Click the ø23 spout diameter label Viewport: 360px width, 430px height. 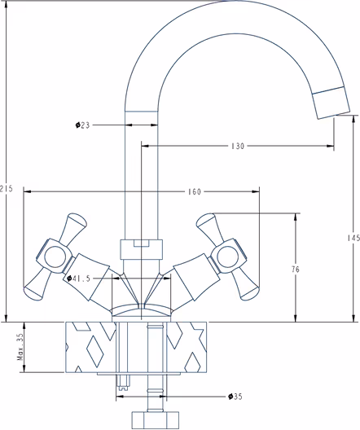pyautogui.click(x=82, y=125)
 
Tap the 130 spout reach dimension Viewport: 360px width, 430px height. pyautogui.click(x=238, y=146)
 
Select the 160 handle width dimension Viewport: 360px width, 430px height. pyautogui.click(x=195, y=191)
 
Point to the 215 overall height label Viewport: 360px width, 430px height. pyautogui.click(x=7, y=189)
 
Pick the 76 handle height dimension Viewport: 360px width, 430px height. pyautogui.click(x=296, y=270)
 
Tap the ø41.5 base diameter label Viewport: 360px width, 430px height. pyautogui.click(x=79, y=279)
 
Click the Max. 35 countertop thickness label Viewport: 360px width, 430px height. pyautogui.click(x=20, y=347)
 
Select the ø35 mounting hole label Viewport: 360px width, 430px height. pyautogui.click(x=235, y=397)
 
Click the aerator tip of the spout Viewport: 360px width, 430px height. pyautogui.click(x=331, y=103)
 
